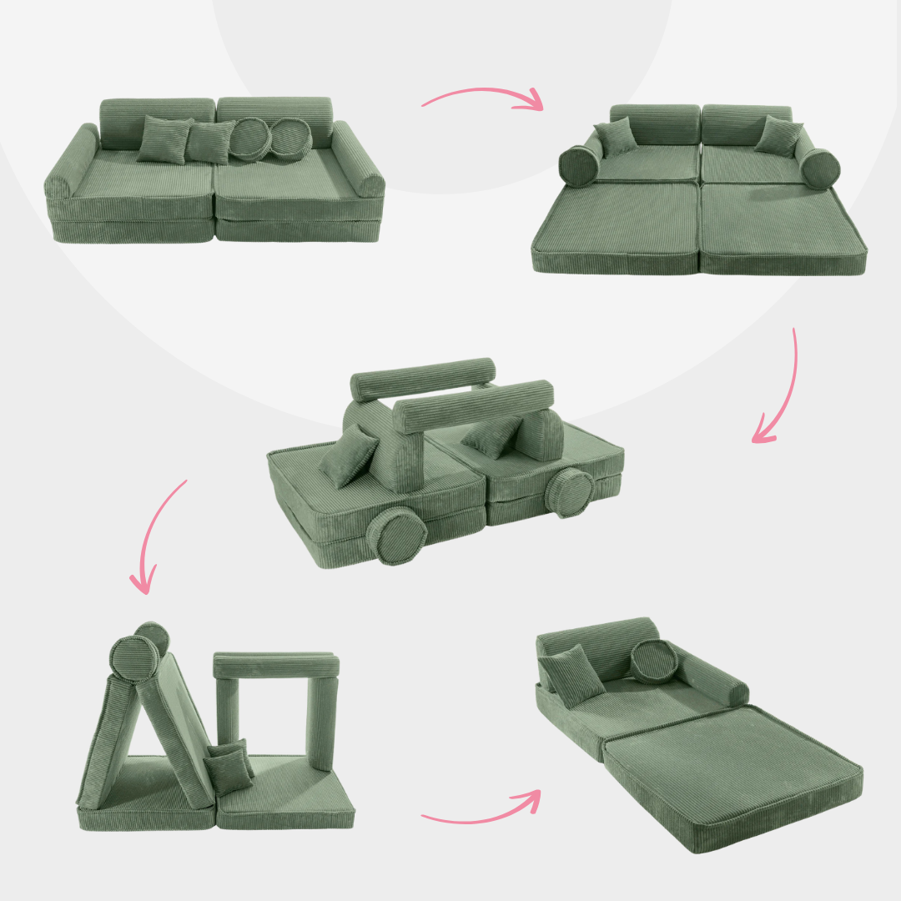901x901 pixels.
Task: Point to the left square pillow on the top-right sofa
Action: point(616,138)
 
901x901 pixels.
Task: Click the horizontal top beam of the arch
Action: point(276,665)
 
